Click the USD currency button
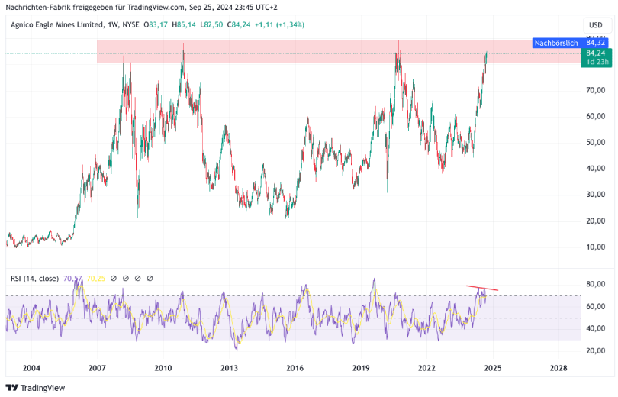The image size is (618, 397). pyautogui.click(x=595, y=25)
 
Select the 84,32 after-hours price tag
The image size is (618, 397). pyautogui.click(x=595, y=43)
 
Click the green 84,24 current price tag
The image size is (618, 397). pyautogui.click(x=595, y=53)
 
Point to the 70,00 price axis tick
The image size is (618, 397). pyautogui.click(x=596, y=90)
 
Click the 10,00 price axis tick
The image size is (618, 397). pyautogui.click(x=596, y=247)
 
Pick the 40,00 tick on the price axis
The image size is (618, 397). pyautogui.click(x=596, y=169)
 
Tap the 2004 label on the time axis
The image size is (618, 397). pyautogui.click(x=31, y=368)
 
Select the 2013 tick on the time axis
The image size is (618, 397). pyautogui.click(x=229, y=368)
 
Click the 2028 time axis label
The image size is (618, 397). pyautogui.click(x=558, y=368)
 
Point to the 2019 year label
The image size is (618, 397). pyautogui.click(x=361, y=368)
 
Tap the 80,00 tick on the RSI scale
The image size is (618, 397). pyautogui.click(x=596, y=284)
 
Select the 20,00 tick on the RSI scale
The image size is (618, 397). pyautogui.click(x=596, y=350)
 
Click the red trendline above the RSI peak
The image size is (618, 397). pyautogui.click(x=482, y=288)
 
